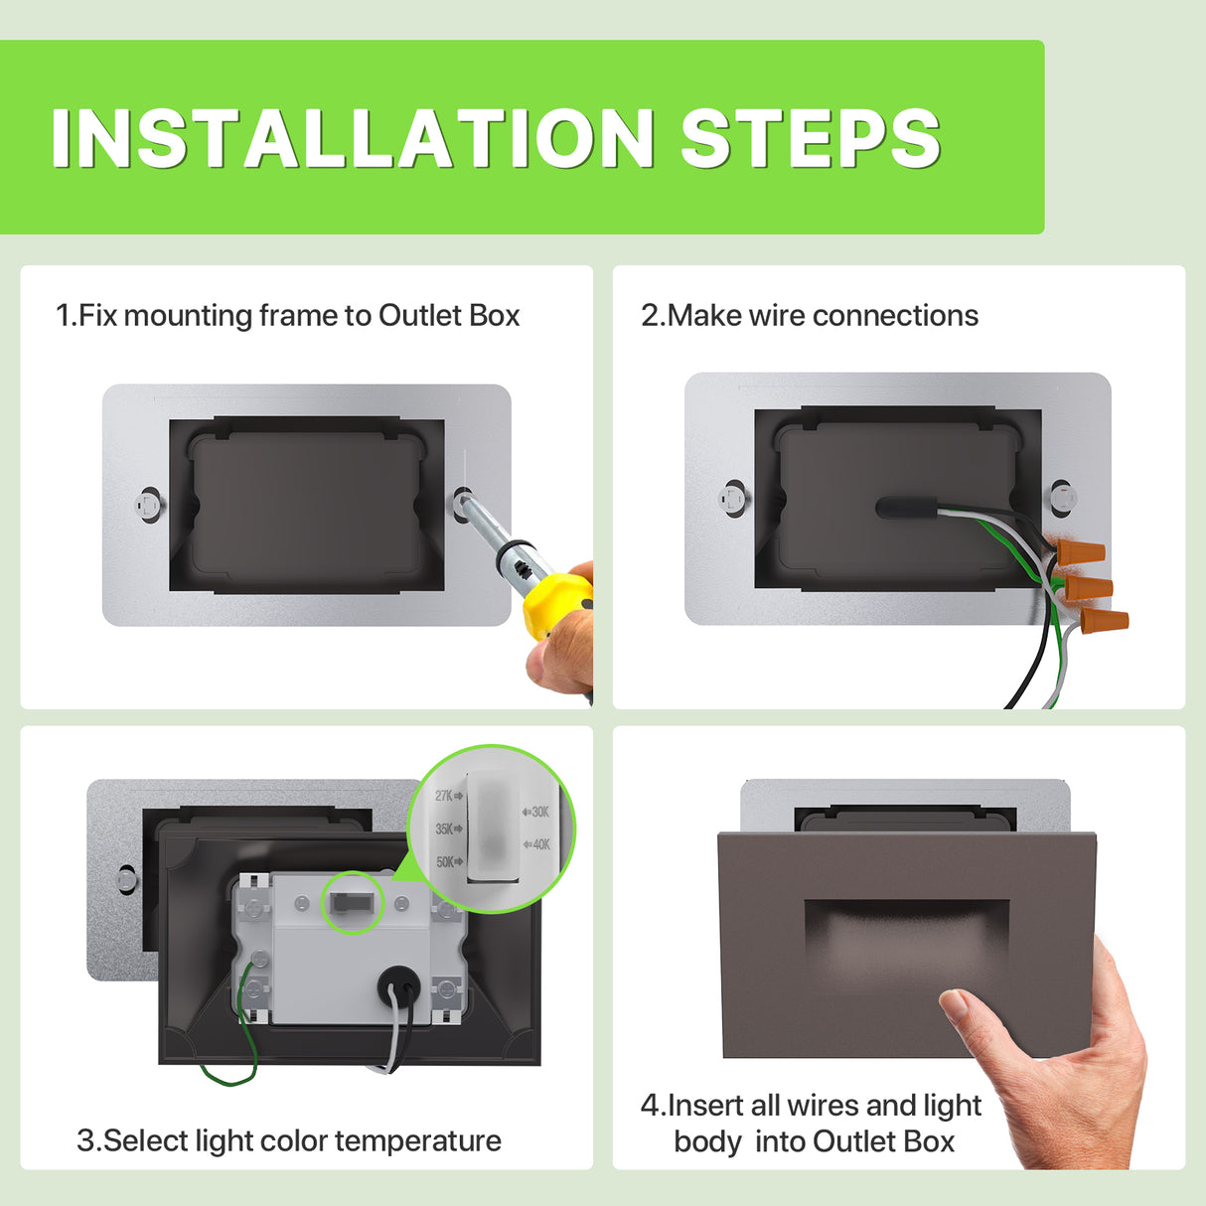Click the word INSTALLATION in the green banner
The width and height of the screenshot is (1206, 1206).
point(353,138)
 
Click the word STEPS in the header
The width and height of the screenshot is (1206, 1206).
point(810,138)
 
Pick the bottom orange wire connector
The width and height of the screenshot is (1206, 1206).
point(1105,624)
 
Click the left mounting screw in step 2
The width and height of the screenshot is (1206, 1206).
point(733,497)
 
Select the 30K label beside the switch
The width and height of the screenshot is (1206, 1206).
point(535,812)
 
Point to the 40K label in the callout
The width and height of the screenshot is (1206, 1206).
point(536,844)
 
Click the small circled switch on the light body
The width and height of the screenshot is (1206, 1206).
point(354,902)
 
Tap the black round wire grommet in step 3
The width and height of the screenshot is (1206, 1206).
point(398,987)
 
